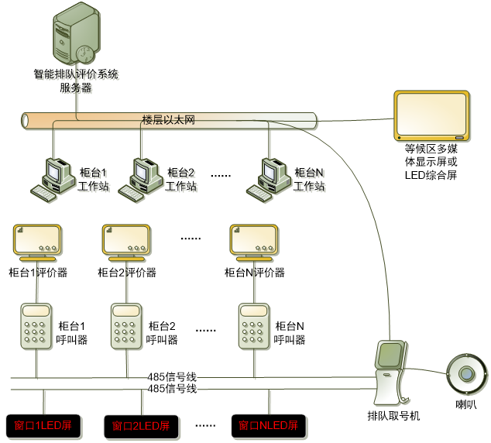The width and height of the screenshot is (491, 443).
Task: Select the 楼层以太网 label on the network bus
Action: click(167, 121)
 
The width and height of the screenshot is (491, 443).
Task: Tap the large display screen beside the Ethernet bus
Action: click(431, 116)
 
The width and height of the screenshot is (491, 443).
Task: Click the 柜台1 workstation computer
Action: click(52, 178)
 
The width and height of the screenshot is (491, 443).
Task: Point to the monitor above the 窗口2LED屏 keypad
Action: click(126, 242)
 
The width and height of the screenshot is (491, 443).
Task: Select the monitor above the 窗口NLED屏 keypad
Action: click(254, 242)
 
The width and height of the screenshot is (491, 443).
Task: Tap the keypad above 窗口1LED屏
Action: click(36, 326)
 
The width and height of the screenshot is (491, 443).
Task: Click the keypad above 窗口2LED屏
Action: click(126, 326)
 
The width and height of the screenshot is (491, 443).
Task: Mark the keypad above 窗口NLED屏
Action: click(254, 326)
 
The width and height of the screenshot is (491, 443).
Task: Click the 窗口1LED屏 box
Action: click(43, 425)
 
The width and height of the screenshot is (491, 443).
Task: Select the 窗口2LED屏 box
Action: click(140, 426)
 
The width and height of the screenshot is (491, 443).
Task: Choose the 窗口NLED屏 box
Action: click(268, 426)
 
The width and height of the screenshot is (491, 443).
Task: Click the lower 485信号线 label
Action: click(172, 389)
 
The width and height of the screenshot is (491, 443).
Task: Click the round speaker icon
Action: click(466, 374)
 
